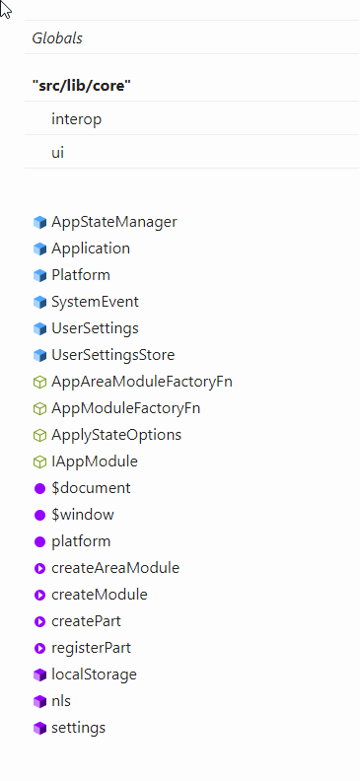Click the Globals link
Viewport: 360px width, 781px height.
pos(57,38)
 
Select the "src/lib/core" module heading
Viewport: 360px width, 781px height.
pos(82,86)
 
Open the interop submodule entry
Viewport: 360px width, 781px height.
pos(77,119)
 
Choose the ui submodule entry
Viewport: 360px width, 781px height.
pos(58,153)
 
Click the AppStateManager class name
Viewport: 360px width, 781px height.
pos(113,222)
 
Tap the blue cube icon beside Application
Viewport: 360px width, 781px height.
pos(39,248)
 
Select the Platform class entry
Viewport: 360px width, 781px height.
pos(80,275)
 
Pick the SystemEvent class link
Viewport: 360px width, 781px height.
pos(95,302)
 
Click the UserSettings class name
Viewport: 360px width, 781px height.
pos(95,328)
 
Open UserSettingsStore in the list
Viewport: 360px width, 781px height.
pos(112,355)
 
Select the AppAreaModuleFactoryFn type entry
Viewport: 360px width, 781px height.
pos(141,382)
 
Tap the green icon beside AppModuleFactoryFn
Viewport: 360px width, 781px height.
pos(39,408)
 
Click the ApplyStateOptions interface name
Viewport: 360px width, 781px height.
pos(115,435)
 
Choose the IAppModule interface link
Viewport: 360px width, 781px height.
pos(94,461)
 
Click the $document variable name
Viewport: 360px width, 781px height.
pos(91,488)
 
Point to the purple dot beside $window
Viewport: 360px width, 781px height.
pos(39,515)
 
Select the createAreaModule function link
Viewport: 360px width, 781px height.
pos(114,568)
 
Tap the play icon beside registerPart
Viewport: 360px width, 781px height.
pos(39,648)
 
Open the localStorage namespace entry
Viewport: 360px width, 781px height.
pos(94,674)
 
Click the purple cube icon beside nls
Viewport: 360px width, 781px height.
pos(39,701)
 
